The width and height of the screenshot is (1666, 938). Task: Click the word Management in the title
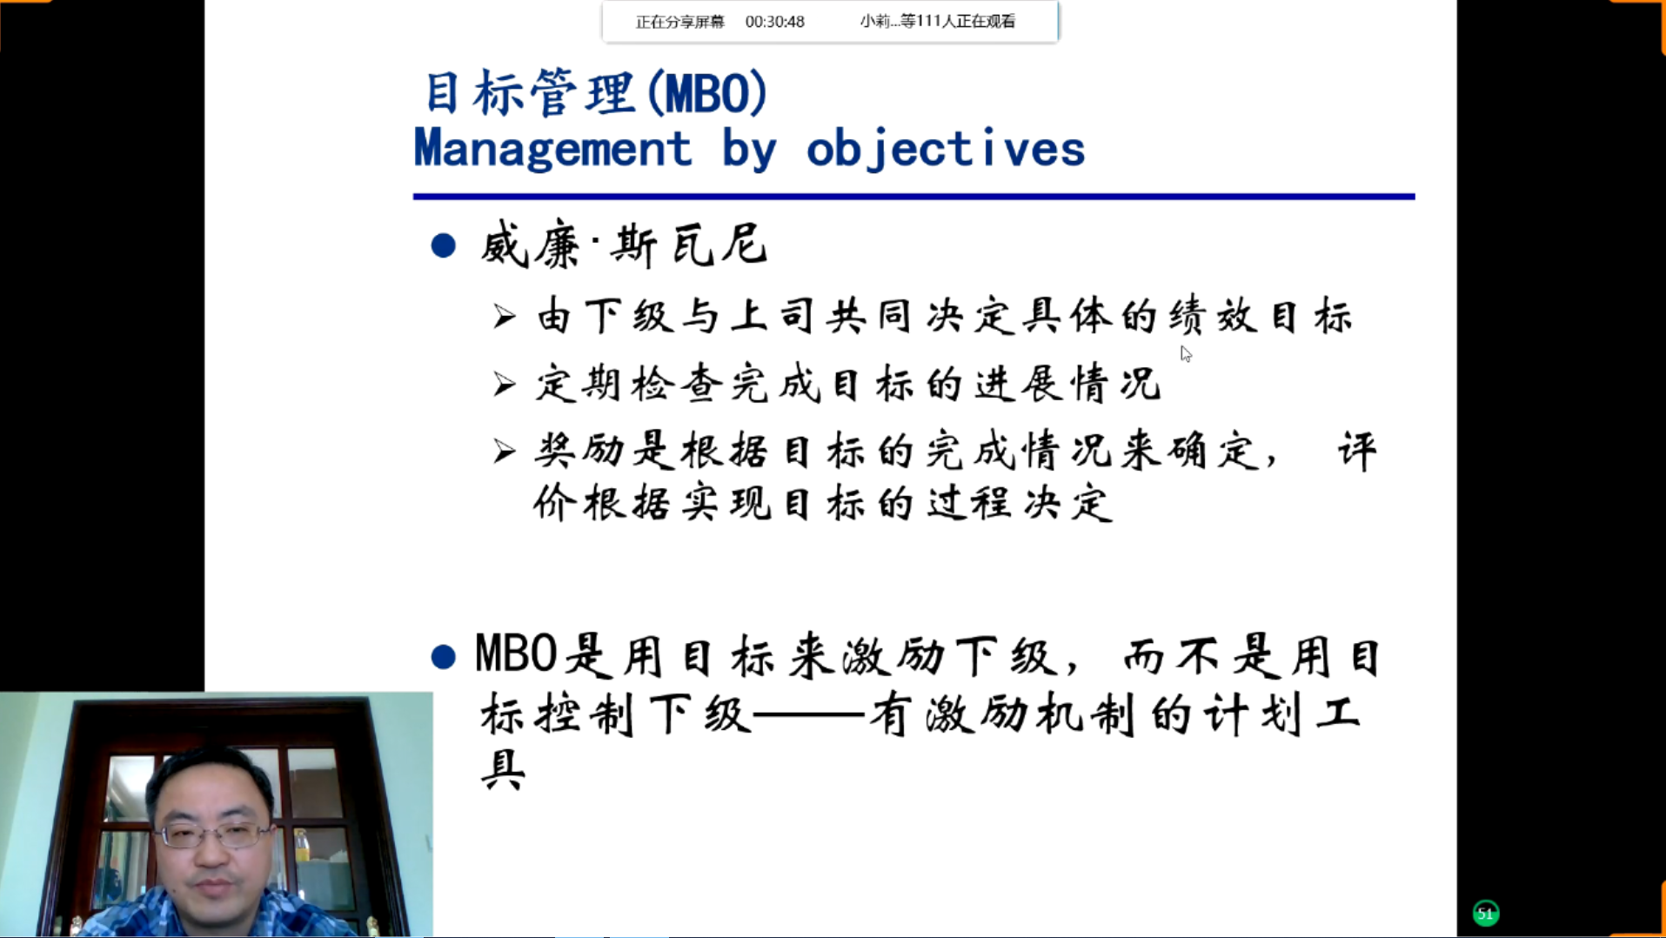[552, 147]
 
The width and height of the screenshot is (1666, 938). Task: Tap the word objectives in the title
[946, 149]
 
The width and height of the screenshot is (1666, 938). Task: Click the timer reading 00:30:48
[774, 22]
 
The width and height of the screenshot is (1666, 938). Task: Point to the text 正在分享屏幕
[680, 22]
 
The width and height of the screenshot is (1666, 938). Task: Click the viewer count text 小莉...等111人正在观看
[937, 21]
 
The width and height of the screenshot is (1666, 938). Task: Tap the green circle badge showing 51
[1486, 913]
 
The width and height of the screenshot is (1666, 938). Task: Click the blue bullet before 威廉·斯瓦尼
[444, 245]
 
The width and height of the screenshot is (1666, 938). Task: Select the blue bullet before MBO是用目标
[444, 656]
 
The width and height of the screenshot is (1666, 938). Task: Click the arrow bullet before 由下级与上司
[505, 316]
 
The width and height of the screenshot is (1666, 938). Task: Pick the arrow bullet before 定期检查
[505, 384]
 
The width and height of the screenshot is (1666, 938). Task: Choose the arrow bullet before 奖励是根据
[505, 451]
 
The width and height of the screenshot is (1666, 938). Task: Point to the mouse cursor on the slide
[1186, 353]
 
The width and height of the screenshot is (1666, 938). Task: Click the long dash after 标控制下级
[809, 716]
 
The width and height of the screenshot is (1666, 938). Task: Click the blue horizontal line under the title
[913, 197]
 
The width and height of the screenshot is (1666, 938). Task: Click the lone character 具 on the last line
[504, 769]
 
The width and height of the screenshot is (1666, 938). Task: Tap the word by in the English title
[749, 149]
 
